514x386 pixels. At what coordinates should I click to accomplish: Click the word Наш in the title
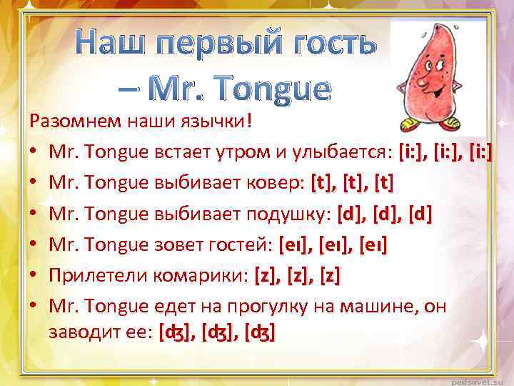[x=114, y=44]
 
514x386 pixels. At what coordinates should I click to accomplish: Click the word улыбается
[x=339, y=152]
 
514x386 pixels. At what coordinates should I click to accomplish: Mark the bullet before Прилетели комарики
[x=34, y=277]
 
